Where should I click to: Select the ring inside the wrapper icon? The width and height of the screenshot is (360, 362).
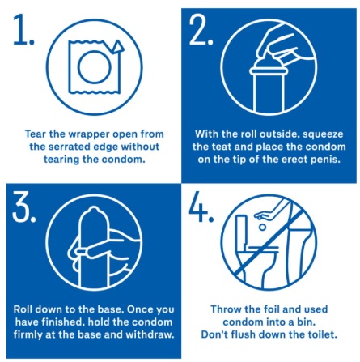[91, 70]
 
